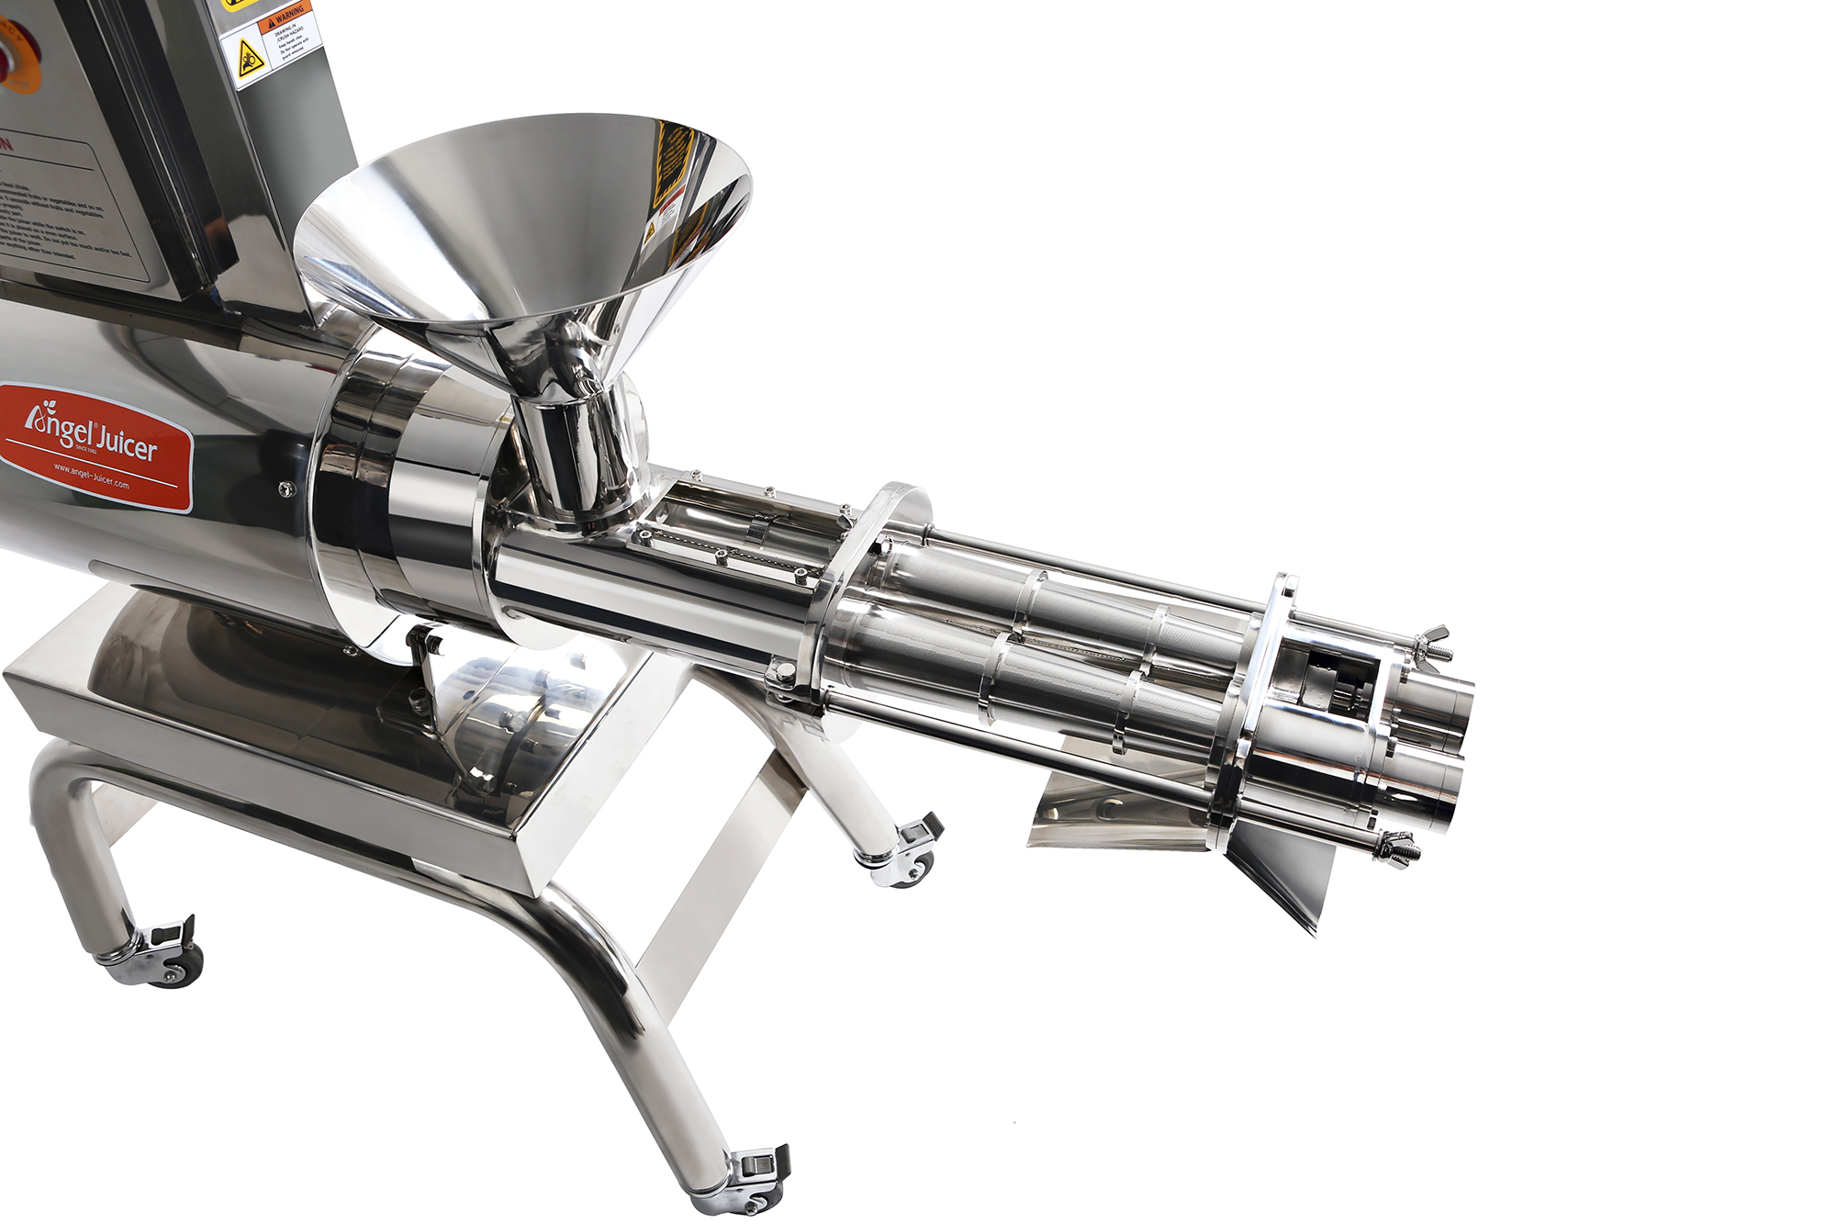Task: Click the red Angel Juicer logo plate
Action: click(x=95, y=446)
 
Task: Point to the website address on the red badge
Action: click(x=91, y=476)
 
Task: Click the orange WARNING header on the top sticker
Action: click(x=286, y=16)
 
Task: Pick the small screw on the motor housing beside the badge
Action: click(x=286, y=489)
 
